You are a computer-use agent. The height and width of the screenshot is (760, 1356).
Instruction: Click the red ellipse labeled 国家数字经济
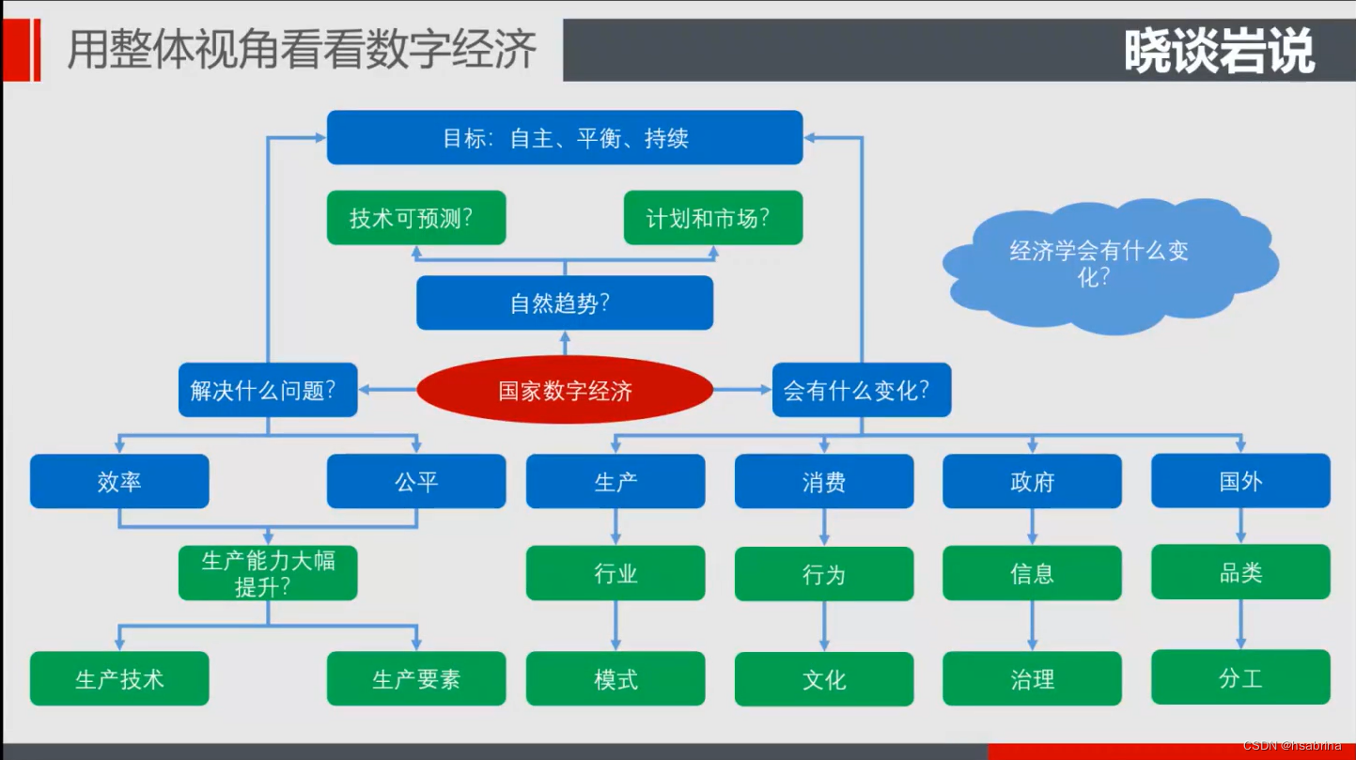[564, 390]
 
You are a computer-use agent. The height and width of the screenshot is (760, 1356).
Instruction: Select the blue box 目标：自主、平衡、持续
[564, 138]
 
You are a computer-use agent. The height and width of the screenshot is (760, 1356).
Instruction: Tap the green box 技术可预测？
[415, 218]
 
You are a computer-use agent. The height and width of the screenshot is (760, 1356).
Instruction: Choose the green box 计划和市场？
[712, 218]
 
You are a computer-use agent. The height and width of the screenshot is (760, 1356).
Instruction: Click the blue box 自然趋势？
[564, 302]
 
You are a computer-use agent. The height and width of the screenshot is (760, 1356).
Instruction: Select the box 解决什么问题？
[268, 390]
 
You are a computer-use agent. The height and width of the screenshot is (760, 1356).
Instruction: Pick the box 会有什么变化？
[861, 390]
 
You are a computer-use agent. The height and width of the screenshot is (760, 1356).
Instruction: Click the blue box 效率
[119, 481]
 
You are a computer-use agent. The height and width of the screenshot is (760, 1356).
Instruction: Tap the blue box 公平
[415, 481]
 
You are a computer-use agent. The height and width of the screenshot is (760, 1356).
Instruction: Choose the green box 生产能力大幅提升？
[268, 573]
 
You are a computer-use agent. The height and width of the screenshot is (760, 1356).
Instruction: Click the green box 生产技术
[119, 678]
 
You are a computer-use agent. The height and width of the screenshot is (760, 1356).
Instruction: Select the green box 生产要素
[415, 678]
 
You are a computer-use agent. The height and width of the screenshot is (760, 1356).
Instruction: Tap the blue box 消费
[823, 481]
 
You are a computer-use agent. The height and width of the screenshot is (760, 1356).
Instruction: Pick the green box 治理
[1032, 678]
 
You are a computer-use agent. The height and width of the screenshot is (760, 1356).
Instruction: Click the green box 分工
[1240, 677]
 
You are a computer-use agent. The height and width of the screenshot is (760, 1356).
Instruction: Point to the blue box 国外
[1240, 481]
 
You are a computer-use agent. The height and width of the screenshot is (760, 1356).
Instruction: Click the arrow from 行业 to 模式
[616, 625]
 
